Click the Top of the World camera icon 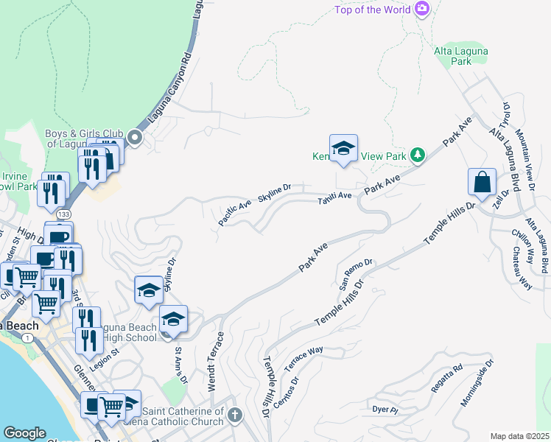(x=422, y=9)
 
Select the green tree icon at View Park (x=418, y=155)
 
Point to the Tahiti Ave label (x=334, y=200)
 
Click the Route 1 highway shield (x=27, y=337)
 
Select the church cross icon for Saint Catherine (x=235, y=415)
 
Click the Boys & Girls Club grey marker (x=134, y=137)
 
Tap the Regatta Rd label (x=447, y=377)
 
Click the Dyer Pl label (x=385, y=409)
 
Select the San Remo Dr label (x=357, y=273)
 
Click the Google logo (x=24, y=433)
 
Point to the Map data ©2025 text (x=519, y=436)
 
